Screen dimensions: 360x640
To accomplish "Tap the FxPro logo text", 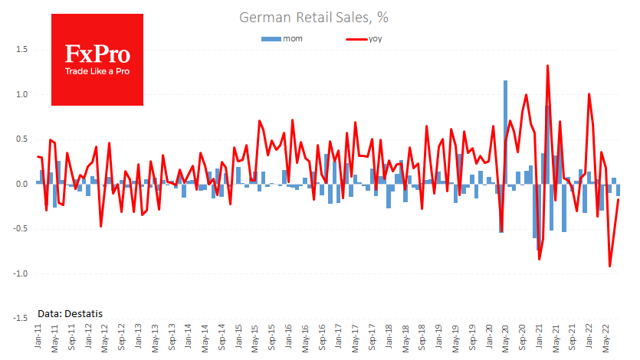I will pyautogui.click(x=97, y=54).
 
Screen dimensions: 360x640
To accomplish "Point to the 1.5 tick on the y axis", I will pyautogui.click(x=21, y=50).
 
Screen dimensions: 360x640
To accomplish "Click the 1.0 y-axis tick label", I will pyautogui.click(x=21, y=95).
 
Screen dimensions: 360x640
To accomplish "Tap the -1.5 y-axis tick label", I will pyautogui.click(x=20, y=319).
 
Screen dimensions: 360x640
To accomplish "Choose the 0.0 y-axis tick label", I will pyautogui.click(x=21, y=185).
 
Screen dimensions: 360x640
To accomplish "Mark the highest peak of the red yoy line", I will pyautogui.click(x=547, y=66).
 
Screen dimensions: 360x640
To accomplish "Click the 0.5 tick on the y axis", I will pyautogui.click(x=21, y=140).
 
